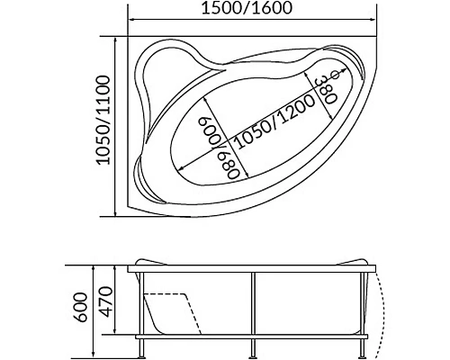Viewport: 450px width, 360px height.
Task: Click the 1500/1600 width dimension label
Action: [247, 8]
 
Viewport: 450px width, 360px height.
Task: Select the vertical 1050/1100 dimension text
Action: [103, 120]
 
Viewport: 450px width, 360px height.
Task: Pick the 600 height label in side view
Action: [81, 307]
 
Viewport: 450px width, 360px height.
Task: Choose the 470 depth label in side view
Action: [105, 302]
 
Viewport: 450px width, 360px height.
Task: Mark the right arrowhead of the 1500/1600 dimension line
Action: [373, 20]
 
